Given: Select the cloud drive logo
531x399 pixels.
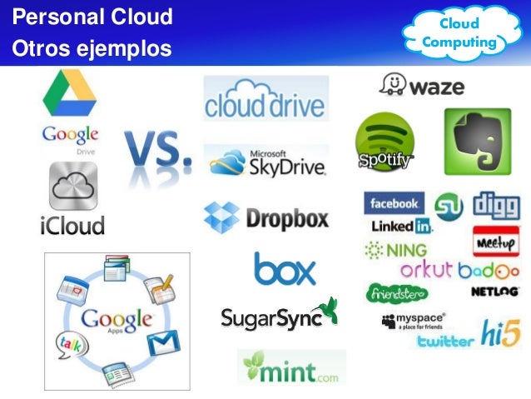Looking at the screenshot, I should [265, 99].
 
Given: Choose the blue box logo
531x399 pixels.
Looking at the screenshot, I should [285, 268].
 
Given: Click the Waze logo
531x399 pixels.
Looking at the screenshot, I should [421, 85].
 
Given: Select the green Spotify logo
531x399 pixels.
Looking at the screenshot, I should [385, 143].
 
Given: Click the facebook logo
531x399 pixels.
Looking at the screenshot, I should [394, 203].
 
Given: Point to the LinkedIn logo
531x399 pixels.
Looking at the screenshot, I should [402, 226].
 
